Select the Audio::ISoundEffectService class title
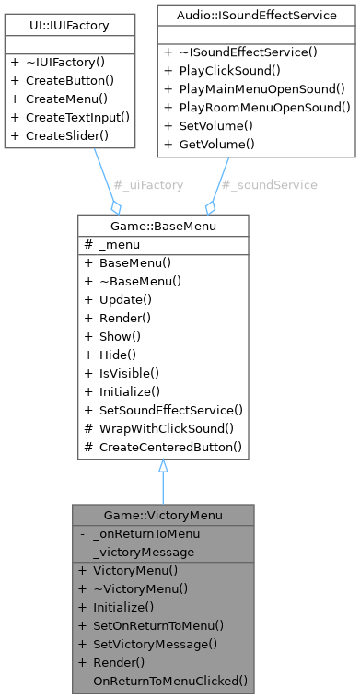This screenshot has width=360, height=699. pyautogui.click(x=248, y=16)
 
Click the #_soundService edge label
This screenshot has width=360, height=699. pyautogui.click(x=270, y=185)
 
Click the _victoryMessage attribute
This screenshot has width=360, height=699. pyautogui.click(x=143, y=552)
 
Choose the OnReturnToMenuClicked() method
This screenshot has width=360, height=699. pyautogui.click(x=170, y=682)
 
